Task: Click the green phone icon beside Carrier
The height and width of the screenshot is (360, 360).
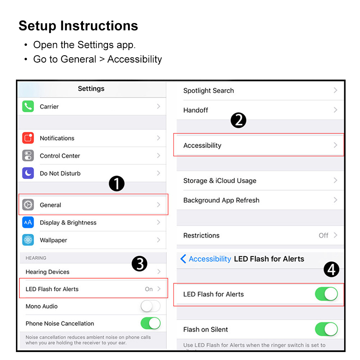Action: pyautogui.click(x=28, y=106)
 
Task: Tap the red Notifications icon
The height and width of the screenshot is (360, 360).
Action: pyautogui.click(x=28, y=138)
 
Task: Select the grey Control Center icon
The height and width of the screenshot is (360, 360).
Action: pyautogui.click(x=28, y=155)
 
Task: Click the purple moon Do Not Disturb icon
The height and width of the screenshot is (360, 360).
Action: pyautogui.click(x=28, y=173)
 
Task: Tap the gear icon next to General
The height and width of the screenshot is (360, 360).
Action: pyautogui.click(x=28, y=205)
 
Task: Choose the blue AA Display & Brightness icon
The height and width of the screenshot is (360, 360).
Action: pyautogui.click(x=28, y=222)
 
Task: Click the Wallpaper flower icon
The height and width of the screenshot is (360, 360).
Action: pyautogui.click(x=28, y=240)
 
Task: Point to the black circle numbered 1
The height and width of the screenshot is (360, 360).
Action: pyautogui.click(x=117, y=184)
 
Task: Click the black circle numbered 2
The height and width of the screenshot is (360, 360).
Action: pyautogui.click(x=238, y=120)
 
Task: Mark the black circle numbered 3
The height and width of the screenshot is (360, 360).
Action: pyautogui.click(x=139, y=264)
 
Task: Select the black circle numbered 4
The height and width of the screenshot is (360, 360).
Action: pyautogui.click(x=331, y=269)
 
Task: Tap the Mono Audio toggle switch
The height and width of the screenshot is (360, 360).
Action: pyautogui.click(x=150, y=306)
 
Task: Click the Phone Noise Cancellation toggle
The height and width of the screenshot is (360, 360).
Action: pyautogui.click(x=150, y=323)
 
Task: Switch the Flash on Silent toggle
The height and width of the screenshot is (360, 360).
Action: pyautogui.click(x=326, y=329)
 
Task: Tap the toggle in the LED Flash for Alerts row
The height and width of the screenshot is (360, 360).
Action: pyautogui.click(x=326, y=294)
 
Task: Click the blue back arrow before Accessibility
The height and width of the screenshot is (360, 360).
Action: pyautogui.click(x=183, y=259)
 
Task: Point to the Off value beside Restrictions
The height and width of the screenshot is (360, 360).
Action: pyautogui.click(x=324, y=235)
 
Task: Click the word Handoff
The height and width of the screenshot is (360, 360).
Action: pyautogui.click(x=196, y=110)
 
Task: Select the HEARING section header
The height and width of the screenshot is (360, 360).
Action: pyautogui.click(x=36, y=258)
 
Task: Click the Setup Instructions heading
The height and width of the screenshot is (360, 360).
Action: pyautogui.click(x=78, y=26)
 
